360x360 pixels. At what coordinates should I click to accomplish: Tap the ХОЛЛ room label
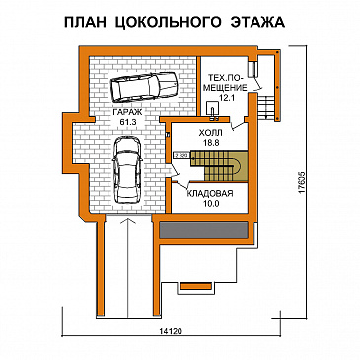tap(210, 131)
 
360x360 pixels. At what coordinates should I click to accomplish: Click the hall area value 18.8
tap(210, 142)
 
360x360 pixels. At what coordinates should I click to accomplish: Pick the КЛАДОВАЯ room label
tap(210, 194)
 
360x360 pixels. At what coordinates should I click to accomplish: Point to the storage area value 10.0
tap(210, 205)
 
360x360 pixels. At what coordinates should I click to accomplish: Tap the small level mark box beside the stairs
tap(180, 155)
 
